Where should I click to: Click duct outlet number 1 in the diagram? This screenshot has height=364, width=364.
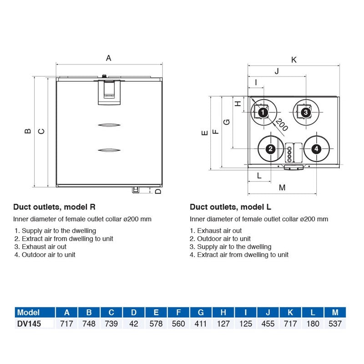pos(262,112)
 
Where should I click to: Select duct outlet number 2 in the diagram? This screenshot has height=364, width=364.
pos(270,149)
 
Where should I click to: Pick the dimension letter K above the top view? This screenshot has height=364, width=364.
pos(293,60)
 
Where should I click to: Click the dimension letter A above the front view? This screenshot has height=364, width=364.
pos(108,58)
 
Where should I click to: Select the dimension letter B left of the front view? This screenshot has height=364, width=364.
pos(28,131)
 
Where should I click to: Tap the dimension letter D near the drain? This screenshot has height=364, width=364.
pos(158,191)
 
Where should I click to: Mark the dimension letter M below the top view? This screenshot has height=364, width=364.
pos(282,187)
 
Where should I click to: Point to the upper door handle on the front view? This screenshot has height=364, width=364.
pos(109,125)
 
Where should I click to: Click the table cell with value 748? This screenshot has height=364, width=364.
pos(89,324)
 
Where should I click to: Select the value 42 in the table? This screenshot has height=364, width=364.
pos(134,324)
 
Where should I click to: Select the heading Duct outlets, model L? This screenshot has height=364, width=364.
pos(230,207)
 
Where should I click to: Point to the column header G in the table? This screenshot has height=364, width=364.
pos(201,313)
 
